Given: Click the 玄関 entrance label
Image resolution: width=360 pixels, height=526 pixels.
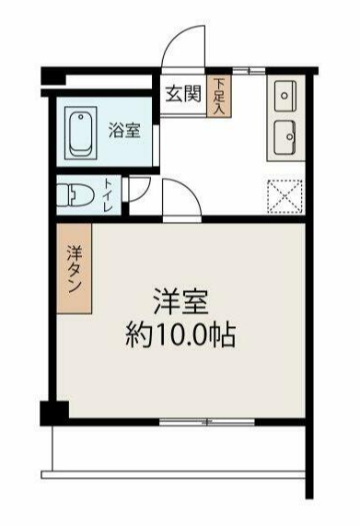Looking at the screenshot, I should [x=183, y=95].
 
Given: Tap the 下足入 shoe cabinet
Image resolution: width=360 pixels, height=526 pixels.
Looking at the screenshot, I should [x=219, y=96].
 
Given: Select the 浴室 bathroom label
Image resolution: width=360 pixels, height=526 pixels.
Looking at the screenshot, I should [x=124, y=130].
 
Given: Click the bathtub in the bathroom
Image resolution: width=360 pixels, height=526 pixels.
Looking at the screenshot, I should [x=82, y=133].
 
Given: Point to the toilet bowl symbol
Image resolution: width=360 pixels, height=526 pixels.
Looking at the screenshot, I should [x=73, y=194].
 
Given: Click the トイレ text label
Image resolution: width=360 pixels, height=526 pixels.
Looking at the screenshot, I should [x=109, y=195].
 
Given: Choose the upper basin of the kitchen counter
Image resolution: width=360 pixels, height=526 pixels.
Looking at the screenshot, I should [x=284, y=97].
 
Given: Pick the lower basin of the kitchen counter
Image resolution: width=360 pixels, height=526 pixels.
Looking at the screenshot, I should [x=284, y=136].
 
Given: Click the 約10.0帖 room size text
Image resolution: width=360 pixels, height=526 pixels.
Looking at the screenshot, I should [x=180, y=333].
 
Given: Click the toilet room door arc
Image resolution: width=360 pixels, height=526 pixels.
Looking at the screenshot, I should [x=137, y=190].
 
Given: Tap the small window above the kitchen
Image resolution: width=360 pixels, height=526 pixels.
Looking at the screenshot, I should [x=243, y=71].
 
